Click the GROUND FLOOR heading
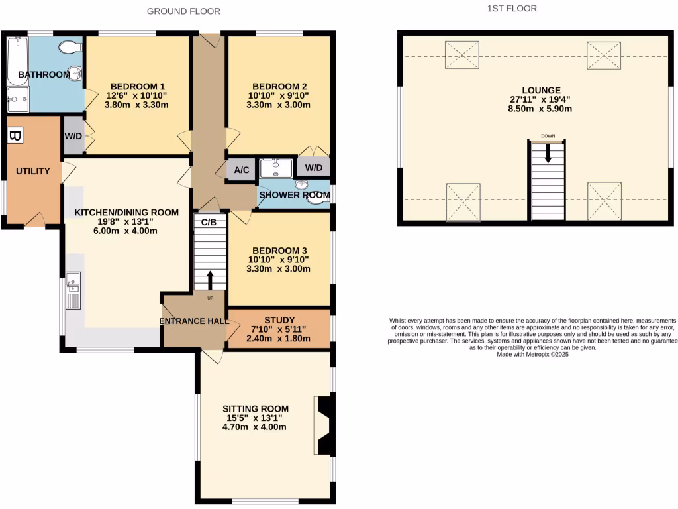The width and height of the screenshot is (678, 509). (x=183, y=11)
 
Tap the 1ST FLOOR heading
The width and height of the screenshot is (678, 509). (x=512, y=9)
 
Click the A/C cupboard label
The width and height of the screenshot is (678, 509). (x=242, y=170)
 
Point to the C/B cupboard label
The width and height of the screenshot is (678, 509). (x=209, y=222)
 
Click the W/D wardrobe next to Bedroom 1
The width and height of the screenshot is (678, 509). (x=72, y=136)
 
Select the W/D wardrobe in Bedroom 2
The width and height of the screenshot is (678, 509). (x=313, y=167)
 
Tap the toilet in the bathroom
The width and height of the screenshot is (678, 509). (x=70, y=47)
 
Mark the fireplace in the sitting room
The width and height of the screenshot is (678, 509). (x=324, y=425)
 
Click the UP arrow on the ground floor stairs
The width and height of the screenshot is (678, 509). (x=211, y=280)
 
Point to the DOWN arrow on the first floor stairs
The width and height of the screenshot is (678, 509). (x=548, y=154)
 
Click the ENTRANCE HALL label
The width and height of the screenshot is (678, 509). (x=194, y=321)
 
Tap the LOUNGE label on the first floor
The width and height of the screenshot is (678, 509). (x=541, y=91)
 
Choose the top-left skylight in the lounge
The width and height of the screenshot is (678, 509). (x=461, y=55)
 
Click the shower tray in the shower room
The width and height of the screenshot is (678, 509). (x=275, y=168)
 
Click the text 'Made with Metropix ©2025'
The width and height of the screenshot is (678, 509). (x=533, y=355)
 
